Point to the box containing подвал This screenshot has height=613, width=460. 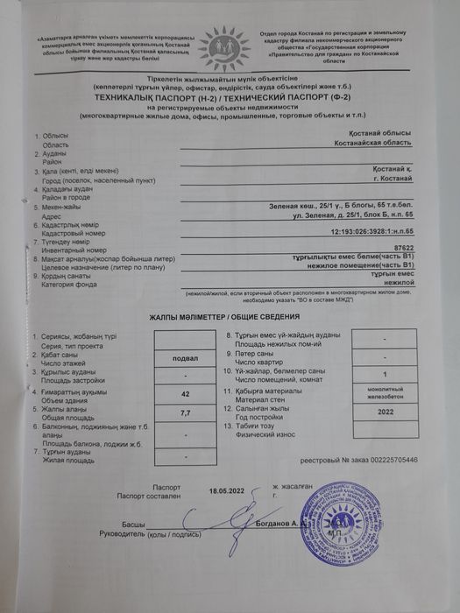[x=185, y=357]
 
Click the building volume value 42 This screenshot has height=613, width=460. [x=185, y=394]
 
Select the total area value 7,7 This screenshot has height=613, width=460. [x=185, y=412]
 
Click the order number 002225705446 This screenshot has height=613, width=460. [x=386, y=459]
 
